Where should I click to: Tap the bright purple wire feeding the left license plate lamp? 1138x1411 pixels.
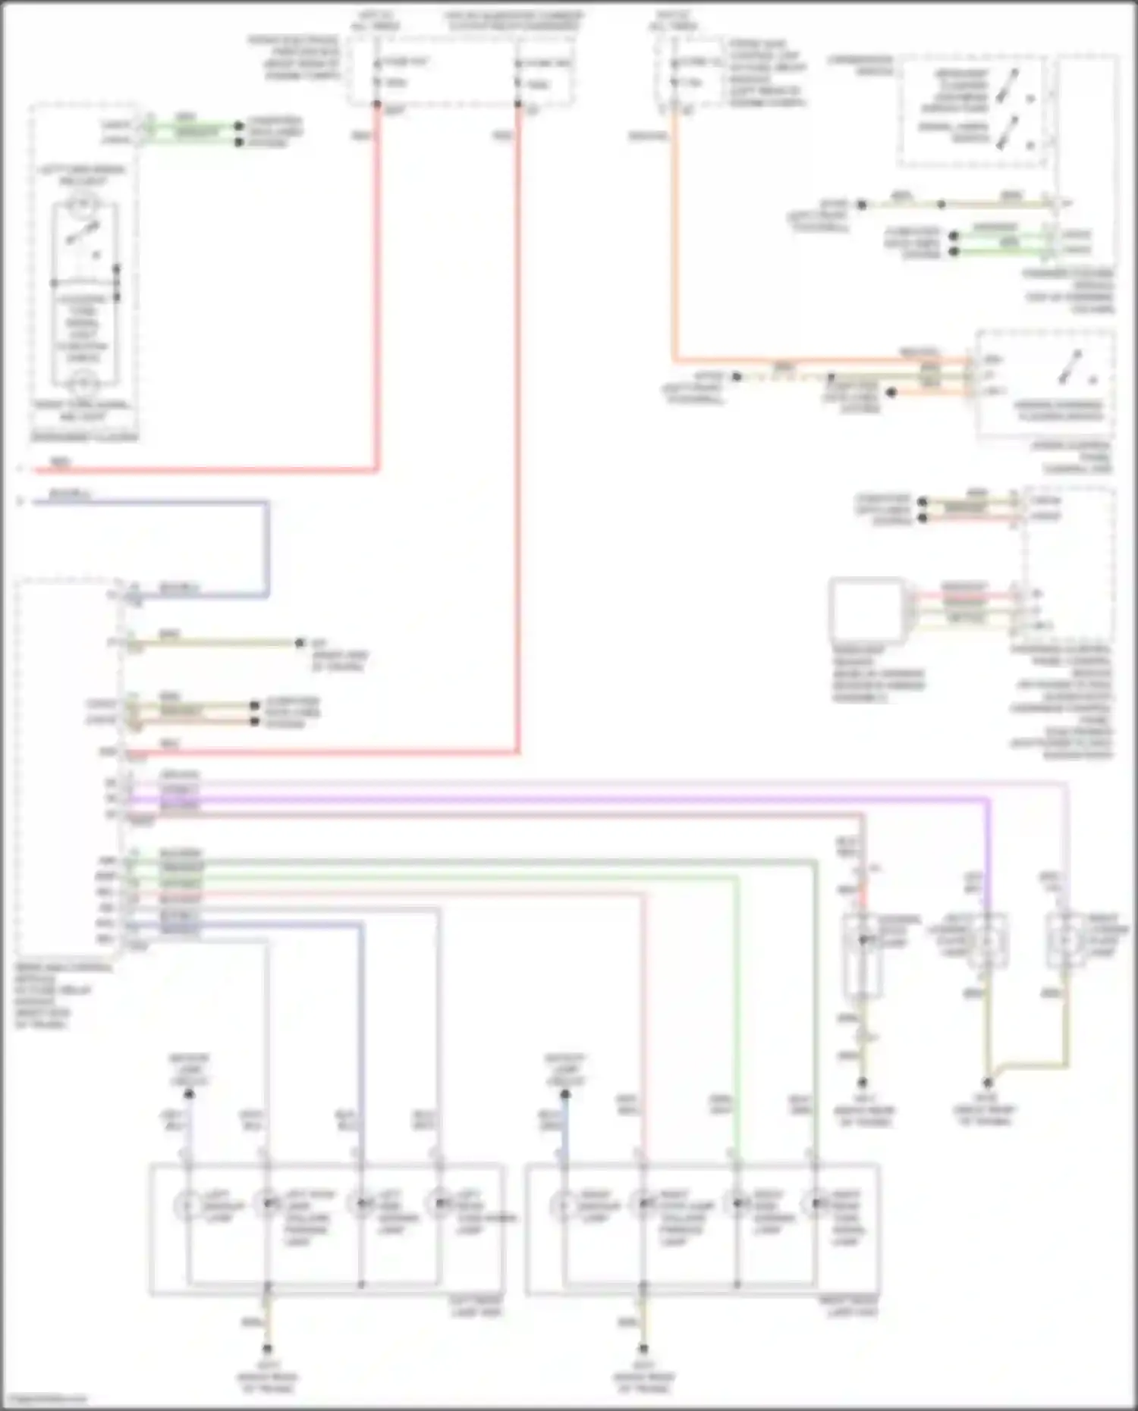pos(988,849)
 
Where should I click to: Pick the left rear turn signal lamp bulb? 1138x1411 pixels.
pos(439,1203)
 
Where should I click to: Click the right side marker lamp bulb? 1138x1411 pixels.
pos(737,1203)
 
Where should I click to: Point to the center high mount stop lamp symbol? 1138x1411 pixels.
pos(863,941)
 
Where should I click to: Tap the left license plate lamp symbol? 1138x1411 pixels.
pos(986,941)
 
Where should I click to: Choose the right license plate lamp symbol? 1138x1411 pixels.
pos(1065,941)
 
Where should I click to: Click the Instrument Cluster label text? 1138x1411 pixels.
pos(84,437)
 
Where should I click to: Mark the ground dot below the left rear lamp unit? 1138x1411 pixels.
pos(266,1350)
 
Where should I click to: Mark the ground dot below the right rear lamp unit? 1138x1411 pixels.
pos(643,1350)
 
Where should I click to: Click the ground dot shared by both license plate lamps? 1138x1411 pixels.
pos(987,1082)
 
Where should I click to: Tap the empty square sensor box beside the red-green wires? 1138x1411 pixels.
pos(866,610)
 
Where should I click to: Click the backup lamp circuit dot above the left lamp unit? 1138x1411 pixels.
pos(189,1093)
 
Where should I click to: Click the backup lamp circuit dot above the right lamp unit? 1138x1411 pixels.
pos(565,1093)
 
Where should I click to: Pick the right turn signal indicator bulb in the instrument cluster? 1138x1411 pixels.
pos(83,379)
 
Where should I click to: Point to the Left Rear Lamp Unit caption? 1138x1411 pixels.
pos(476,1306)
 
